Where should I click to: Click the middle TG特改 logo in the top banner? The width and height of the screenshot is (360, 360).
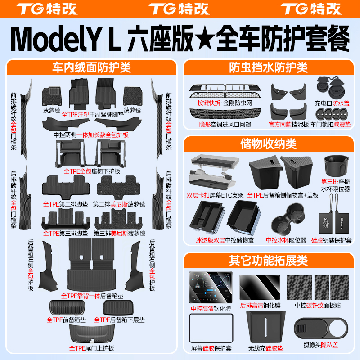pos(179,9)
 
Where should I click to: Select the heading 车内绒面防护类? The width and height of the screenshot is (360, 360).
pos(92,67)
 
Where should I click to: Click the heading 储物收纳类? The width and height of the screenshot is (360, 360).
pos(268,144)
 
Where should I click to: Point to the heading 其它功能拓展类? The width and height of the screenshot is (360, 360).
pos(268,261)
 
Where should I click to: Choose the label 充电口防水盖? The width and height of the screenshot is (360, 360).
pos(332,103)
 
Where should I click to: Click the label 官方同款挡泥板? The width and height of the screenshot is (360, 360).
pos(288,125)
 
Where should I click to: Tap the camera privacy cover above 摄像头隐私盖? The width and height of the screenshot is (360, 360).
pos(321,328)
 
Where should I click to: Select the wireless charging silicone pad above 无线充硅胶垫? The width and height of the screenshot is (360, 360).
pos(265,327)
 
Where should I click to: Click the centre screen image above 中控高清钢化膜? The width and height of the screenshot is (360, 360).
pos(211,287)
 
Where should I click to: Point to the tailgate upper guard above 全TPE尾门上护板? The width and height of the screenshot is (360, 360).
pos(92,334)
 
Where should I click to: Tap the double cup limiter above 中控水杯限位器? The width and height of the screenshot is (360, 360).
pos(288,219)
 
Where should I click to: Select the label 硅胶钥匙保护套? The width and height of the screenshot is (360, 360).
pos(331,240)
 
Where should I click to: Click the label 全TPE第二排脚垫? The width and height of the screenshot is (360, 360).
pos(65,204)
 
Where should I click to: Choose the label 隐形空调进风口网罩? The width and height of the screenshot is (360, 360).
pos(225,125)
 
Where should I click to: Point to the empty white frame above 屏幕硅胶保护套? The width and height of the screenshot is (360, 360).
pos(211,328)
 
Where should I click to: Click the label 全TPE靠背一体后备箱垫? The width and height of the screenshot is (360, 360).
pos(92,296)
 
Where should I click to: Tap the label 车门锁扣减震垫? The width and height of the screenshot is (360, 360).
pos(331,125)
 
